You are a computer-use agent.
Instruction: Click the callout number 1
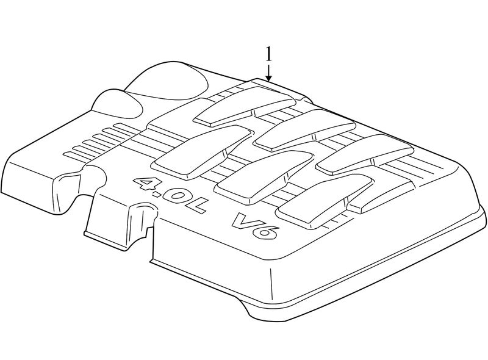point(268,55)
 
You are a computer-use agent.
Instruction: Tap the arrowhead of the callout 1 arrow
point(269,78)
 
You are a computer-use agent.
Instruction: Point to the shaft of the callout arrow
point(269,70)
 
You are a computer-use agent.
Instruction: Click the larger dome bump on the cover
point(168,82)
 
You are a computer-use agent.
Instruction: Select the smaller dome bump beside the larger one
point(118,104)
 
